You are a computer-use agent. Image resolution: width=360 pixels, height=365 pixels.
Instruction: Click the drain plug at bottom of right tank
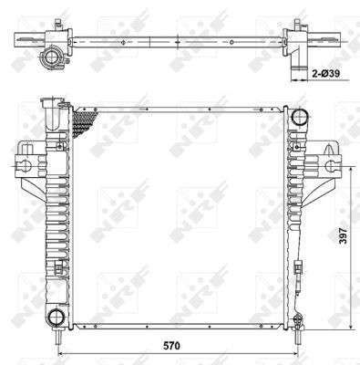click(298, 320)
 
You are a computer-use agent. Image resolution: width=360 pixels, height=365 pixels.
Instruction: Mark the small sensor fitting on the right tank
click(300, 267)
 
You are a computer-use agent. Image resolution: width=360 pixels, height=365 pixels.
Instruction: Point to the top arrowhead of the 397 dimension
click(352, 168)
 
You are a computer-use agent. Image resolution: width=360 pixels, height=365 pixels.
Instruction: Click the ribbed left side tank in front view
click(56, 210)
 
